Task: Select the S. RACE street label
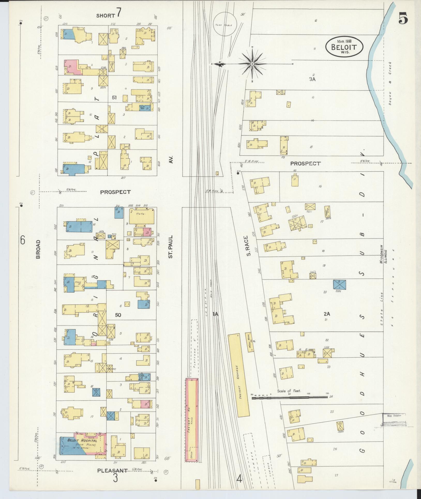(249, 246)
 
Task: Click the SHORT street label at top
(106, 16)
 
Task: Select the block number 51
(114, 97)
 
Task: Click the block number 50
(118, 315)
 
